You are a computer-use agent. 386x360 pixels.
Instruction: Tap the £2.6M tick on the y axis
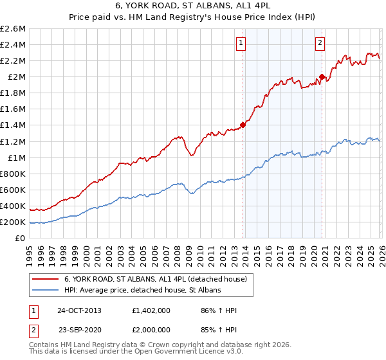[14, 29]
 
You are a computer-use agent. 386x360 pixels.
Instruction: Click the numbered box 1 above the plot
[241, 43]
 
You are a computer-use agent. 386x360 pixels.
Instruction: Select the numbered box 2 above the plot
[320, 43]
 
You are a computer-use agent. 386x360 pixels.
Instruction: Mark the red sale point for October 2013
[243, 125]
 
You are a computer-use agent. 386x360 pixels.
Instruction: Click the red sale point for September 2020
[322, 77]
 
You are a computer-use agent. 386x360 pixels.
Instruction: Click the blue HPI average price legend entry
[142, 291]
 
